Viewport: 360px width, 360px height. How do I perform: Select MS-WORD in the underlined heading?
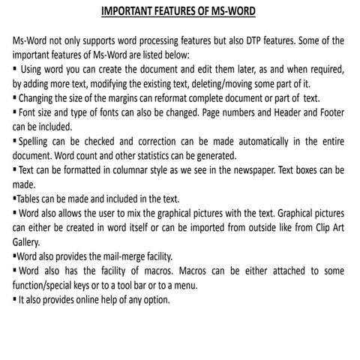click(231, 11)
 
